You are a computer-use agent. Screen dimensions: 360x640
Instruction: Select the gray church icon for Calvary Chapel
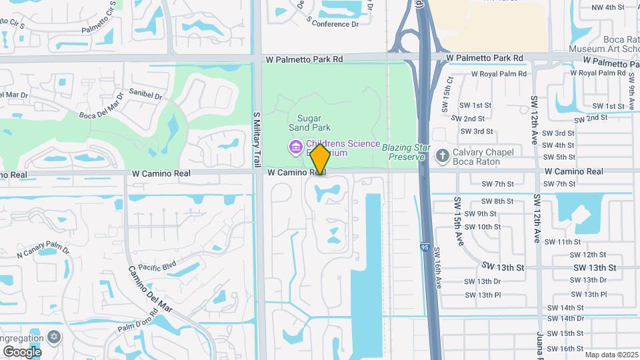[x=441, y=155]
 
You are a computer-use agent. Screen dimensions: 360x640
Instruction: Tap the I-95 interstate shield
[x=425, y=247]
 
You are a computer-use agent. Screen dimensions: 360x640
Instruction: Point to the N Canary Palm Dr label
[x=43, y=251]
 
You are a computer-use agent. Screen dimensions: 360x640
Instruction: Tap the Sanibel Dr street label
[x=145, y=95]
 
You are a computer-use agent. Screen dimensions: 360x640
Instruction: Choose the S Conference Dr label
[x=332, y=23]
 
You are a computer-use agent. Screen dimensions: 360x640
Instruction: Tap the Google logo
[x=22, y=351]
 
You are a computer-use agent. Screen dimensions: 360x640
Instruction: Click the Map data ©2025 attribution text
[x=611, y=355]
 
